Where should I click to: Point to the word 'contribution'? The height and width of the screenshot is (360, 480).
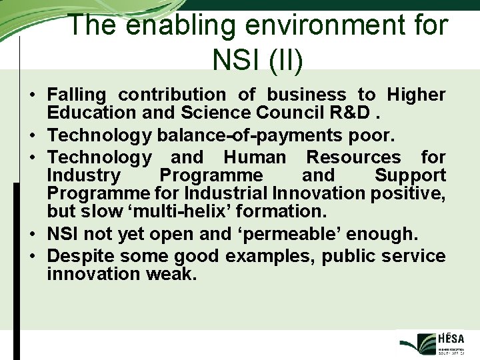point(172,95)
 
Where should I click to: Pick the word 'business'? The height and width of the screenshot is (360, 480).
point(307,95)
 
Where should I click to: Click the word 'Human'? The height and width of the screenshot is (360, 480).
point(255,158)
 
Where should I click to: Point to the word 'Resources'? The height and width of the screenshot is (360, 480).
point(353,158)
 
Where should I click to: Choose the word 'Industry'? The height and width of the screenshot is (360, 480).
point(84,176)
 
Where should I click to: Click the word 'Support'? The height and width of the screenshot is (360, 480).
point(410,176)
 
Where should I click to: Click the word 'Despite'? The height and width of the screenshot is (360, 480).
point(83,257)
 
